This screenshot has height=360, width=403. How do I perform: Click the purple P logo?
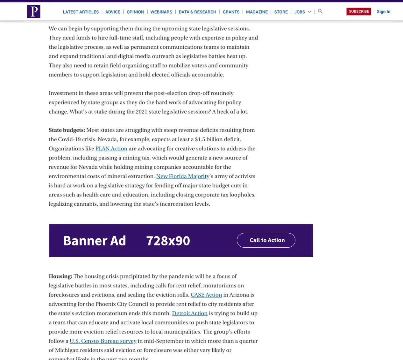click(34, 11)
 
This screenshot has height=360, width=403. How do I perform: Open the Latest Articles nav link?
click(81, 12)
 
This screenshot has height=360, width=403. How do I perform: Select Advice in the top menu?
click(113, 12)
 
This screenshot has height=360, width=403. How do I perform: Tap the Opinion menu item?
click(135, 12)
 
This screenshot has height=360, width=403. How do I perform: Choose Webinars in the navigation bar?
click(161, 12)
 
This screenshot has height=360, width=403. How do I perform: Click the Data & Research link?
click(197, 12)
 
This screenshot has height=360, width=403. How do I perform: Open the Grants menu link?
click(231, 12)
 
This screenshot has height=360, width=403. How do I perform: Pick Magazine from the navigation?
click(257, 12)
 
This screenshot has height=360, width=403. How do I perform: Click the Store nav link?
click(281, 12)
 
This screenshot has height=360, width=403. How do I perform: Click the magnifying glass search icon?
click(320, 11)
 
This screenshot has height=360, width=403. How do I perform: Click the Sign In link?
click(383, 11)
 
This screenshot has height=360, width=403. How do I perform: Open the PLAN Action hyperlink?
click(111, 149)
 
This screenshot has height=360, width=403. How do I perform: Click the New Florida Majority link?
click(183, 176)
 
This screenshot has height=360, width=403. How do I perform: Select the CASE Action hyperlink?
click(206, 295)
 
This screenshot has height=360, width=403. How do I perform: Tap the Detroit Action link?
click(190, 314)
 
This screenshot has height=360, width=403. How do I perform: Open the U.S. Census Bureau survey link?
click(103, 341)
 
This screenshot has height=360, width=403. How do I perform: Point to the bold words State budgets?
click(67, 130)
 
